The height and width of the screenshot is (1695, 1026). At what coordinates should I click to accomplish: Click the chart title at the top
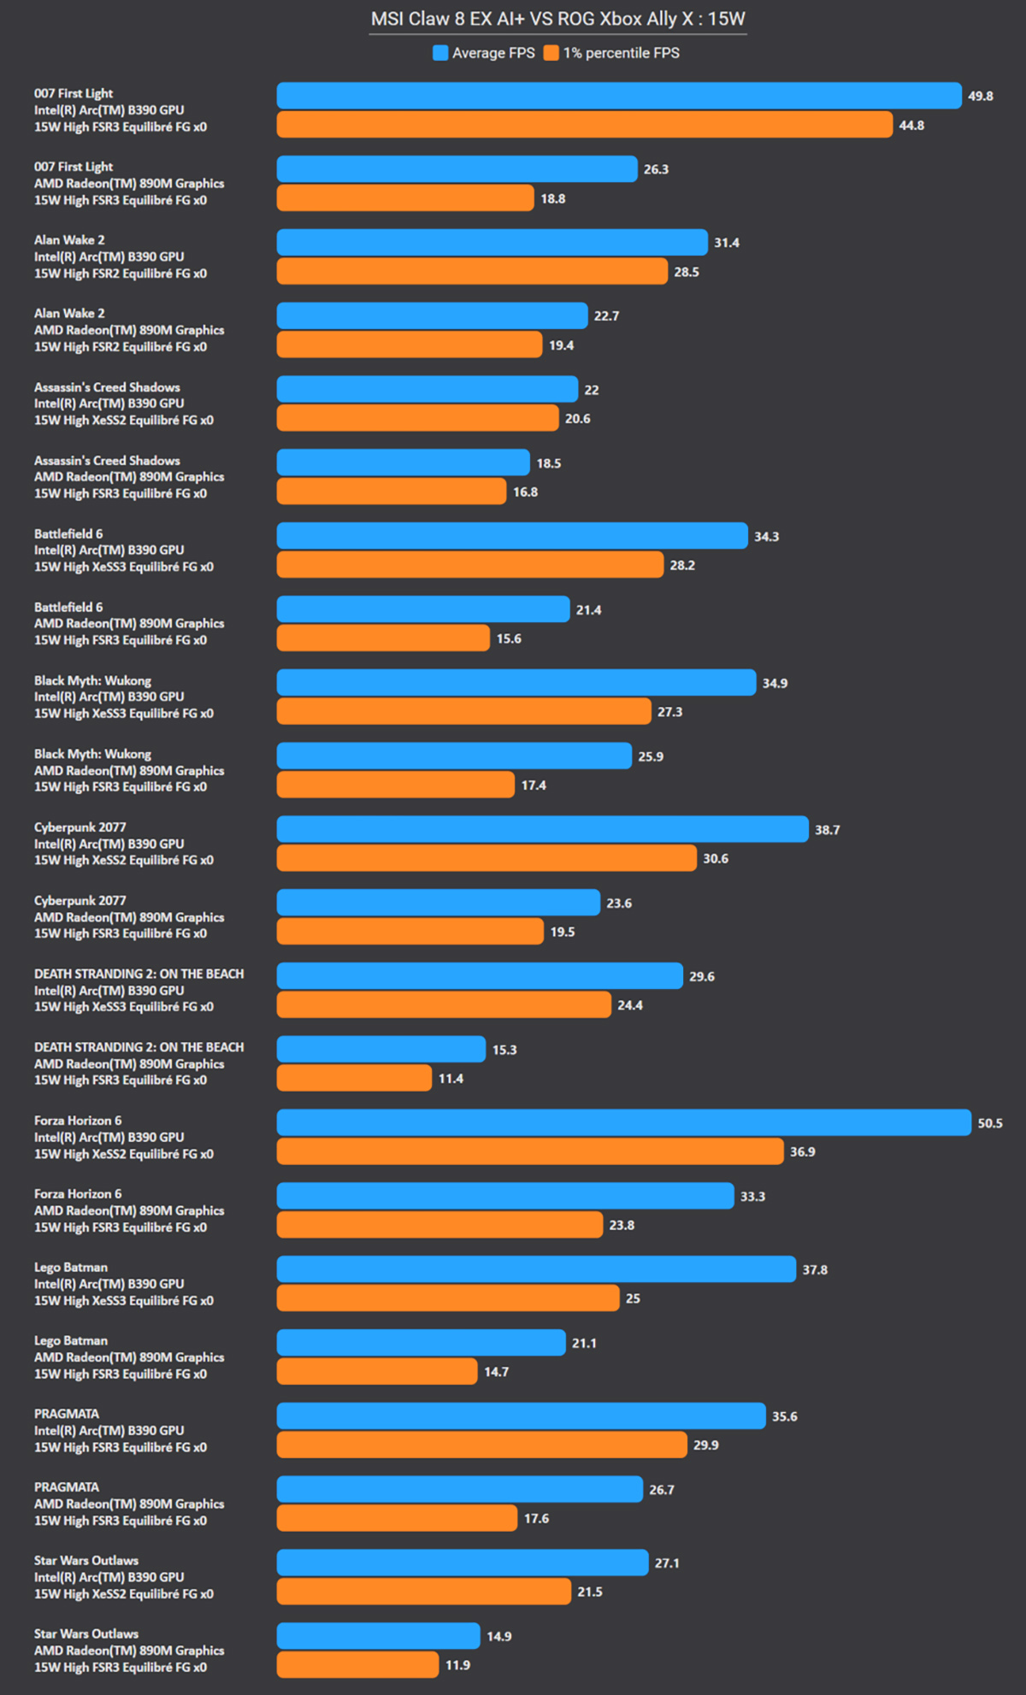[557, 19]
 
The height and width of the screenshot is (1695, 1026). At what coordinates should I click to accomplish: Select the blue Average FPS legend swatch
[440, 53]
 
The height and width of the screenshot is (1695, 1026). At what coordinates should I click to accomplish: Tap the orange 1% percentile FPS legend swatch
[551, 53]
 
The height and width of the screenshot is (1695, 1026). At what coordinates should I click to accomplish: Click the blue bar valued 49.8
[619, 96]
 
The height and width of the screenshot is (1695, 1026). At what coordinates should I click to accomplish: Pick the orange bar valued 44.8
[585, 125]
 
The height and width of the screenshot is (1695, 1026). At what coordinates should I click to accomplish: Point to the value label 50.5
[990, 1123]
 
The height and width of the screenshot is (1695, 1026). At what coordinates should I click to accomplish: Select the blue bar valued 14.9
[379, 1636]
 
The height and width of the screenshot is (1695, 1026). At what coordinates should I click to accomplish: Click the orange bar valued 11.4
[355, 1079]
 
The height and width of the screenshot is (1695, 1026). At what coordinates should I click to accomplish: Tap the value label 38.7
[827, 830]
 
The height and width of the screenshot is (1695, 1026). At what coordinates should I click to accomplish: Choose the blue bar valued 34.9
[516, 683]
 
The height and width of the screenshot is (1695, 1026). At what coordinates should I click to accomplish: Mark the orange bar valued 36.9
[530, 1151]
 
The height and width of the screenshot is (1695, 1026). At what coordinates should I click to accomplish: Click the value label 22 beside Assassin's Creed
[592, 390]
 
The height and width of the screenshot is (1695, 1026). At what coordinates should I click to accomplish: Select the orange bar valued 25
[448, 1298]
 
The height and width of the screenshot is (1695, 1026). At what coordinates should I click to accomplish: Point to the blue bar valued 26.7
[460, 1489]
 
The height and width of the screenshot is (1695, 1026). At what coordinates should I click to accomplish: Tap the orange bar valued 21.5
[424, 1592]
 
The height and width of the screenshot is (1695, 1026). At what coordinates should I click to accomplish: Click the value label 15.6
[509, 639]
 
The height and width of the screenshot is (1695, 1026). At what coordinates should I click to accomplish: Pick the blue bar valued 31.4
[492, 243]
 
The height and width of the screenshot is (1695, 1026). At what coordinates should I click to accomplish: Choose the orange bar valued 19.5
[410, 932]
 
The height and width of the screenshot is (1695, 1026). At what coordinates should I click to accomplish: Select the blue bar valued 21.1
[422, 1343]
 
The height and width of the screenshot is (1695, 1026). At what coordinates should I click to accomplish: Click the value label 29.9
[706, 1445]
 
